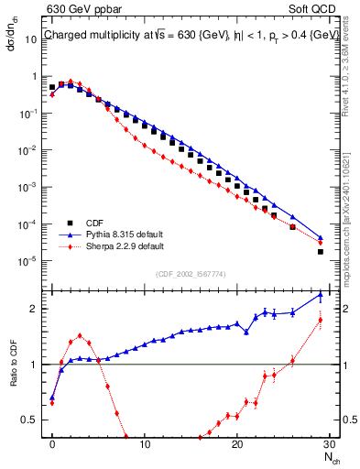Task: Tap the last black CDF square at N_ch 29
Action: click(320, 251)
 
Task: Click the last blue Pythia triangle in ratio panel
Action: click(320, 295)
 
